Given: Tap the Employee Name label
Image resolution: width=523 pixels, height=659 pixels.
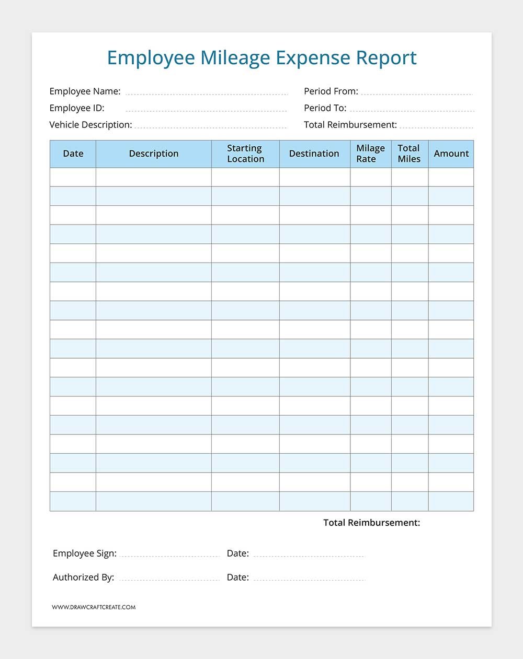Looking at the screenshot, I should click(85, 91).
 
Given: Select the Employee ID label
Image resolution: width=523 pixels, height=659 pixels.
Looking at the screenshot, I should click(77, 108).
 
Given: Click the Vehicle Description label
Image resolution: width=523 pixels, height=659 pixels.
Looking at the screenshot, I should click(90, 125).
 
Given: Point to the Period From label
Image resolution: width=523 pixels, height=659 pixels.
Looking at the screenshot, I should click(331, 91).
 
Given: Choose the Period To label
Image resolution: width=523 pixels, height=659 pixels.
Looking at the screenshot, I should click(325, 108).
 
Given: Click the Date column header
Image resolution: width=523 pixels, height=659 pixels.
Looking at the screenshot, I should click(73, 154).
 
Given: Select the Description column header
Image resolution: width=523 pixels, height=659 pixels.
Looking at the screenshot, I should click(154, 154).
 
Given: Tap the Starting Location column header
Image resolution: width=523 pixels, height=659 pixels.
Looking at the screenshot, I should click(245, 154).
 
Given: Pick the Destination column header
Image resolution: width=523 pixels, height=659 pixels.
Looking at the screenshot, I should click(314, 154).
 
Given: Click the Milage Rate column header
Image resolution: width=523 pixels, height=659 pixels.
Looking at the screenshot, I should click(370, 154).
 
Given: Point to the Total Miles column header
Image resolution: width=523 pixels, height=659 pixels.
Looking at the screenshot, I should click(409, 154).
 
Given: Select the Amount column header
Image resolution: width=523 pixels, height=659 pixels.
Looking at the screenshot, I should click(451, 154).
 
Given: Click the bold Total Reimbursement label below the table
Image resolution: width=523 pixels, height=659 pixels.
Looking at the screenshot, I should click(371, 523).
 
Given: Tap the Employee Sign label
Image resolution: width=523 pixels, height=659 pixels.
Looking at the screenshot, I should click(85, 554).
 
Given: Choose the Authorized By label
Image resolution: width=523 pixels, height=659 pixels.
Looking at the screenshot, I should click(83, 578).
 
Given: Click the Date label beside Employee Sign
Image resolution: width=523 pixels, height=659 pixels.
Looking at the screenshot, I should click(238, 554).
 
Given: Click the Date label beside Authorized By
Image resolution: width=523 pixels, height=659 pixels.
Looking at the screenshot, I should click(238, 578).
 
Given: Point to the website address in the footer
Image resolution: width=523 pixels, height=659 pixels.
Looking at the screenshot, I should click(94, 607).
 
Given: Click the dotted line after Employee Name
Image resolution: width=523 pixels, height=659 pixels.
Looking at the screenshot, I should click(207, 94).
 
